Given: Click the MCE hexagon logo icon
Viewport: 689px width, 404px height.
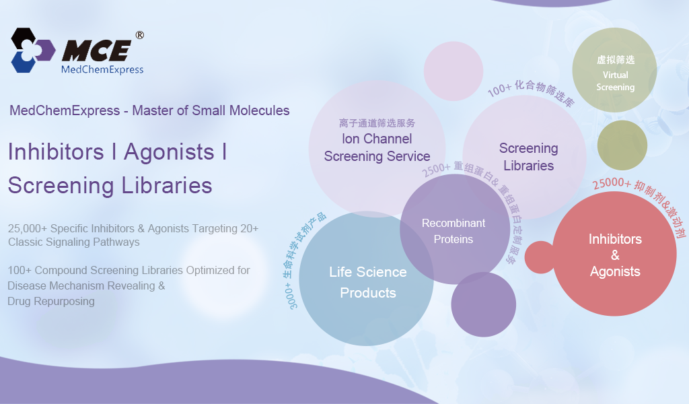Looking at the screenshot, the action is [33, 50].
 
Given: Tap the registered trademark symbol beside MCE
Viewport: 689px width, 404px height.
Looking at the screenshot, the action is [139, 35].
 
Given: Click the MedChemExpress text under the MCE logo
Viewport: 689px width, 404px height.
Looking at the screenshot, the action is [102, 69].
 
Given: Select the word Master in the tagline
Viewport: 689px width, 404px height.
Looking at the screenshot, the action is [153, 110].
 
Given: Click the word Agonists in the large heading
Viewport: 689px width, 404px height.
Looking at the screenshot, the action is [169, 152].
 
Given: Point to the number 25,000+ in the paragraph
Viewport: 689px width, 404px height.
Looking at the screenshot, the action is [27, 228].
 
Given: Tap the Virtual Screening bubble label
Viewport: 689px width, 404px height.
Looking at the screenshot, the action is [615, 81].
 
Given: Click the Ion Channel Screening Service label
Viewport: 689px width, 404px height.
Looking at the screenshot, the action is [377, 147].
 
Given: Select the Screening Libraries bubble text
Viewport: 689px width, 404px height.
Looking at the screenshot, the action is [529, 157].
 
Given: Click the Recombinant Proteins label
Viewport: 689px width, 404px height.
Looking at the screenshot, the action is [454, 231].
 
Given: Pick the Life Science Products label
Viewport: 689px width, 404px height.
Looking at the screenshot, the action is [368, 282].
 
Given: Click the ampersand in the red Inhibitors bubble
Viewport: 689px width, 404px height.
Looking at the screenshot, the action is [615, 255].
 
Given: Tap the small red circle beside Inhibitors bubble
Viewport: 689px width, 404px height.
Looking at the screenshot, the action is [540, 257].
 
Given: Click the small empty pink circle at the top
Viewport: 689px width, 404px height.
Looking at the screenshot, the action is [454, 71].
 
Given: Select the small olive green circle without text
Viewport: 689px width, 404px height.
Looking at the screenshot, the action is [622, 145].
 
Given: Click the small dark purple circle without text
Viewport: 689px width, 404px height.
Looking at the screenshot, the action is [483, 304].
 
